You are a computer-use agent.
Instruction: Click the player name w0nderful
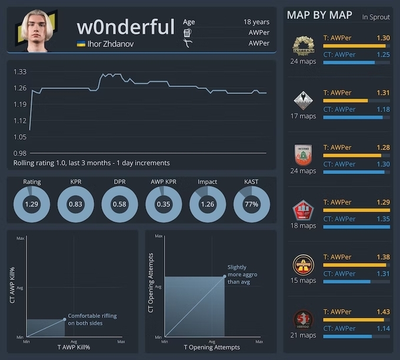tap(125, 26)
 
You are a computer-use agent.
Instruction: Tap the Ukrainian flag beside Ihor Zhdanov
tap(81, 44)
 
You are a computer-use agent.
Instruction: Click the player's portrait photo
tap(41, 30)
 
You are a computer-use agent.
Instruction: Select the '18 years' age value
tap(256, 22)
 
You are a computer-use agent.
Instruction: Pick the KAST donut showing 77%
tap(251, 204)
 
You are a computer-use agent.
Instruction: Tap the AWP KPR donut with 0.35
tap(163, 204)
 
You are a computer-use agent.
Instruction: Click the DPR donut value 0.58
tap(119, 204)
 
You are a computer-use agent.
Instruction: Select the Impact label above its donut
tap(207, 182)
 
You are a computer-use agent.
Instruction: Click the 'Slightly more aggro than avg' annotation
tap(242, 275)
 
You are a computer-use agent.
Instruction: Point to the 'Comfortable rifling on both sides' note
tap(92, 319)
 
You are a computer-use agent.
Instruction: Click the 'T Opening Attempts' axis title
tap(211, 347)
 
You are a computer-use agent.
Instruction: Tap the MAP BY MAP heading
tap(319, 15)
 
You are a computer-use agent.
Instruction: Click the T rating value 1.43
tap(382, 312)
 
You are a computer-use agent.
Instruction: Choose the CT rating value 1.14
tap(382, 328)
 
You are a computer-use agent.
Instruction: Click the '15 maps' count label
tap(303, 281)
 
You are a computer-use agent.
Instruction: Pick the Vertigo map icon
tap(304, 320)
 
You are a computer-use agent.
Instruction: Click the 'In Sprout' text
tap(376, 17)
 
